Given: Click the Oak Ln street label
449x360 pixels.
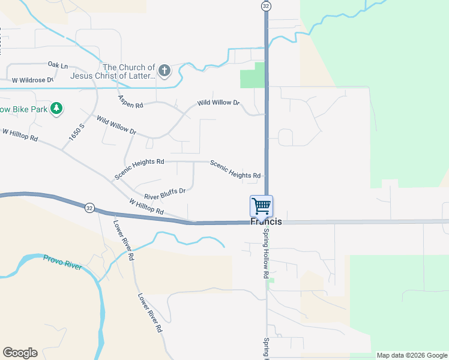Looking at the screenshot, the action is click(x=58, y=65).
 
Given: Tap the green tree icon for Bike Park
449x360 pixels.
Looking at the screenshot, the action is click(x=56, y=109).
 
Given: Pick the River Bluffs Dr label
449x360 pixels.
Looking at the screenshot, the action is click(x=164, y=194).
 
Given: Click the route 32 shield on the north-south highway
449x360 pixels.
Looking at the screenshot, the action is click(x=266, y=5).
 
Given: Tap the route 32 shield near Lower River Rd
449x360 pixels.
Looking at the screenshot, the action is click(x=89, y=208).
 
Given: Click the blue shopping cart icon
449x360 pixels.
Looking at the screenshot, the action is click(x=262, y=206).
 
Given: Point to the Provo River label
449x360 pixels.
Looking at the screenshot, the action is click(x=62, y=262).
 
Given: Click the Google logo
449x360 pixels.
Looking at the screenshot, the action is click(x=20, y=353).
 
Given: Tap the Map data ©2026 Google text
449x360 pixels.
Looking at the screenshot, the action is click(x=411, y=355).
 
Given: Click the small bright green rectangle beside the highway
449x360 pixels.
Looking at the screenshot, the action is click(x=252, y=75).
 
